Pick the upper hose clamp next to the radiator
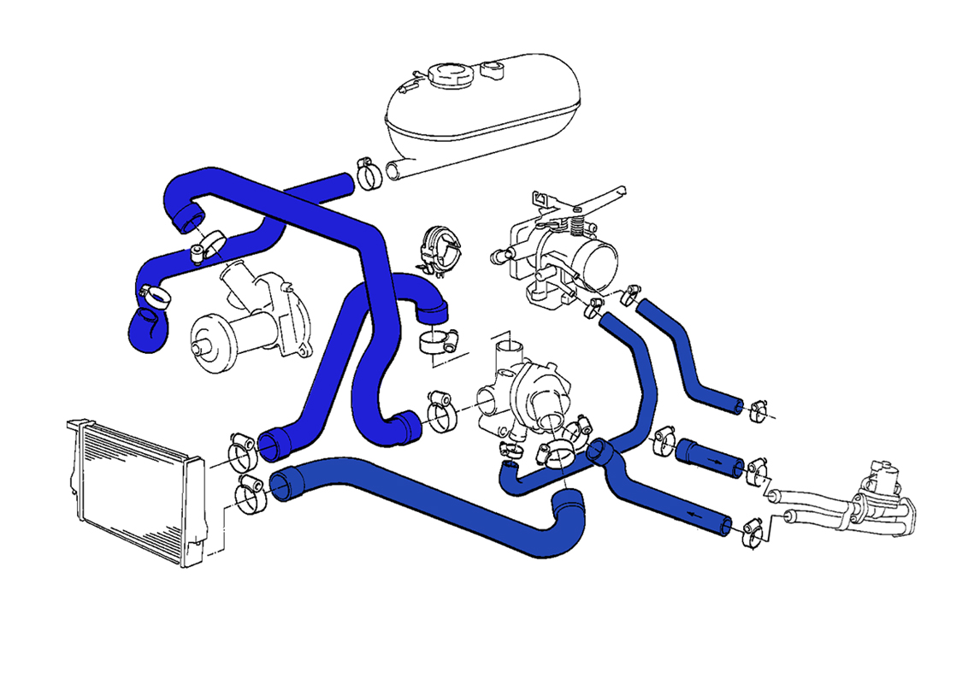point(241,449)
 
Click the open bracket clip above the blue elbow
point(440,251)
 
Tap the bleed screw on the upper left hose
point(198,251)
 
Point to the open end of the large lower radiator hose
point(286,485)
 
